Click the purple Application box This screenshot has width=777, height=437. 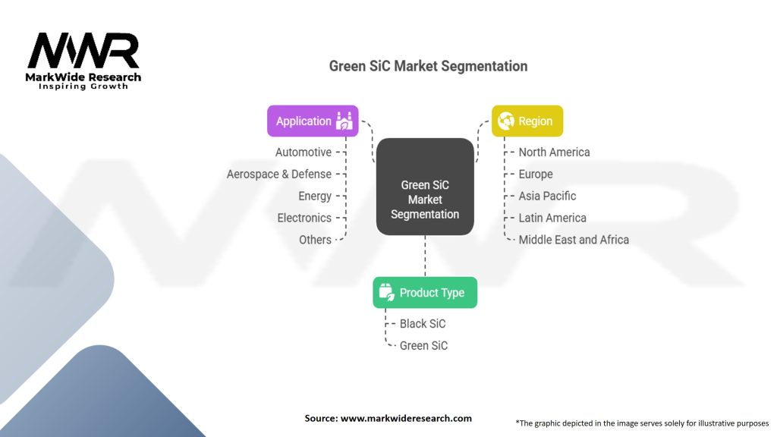[x=313, y=121]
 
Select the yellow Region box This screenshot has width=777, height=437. [x=527, y=121]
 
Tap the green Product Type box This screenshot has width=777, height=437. [x=425, y=292]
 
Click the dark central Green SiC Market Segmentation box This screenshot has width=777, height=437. [x=425, y=187]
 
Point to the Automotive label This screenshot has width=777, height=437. [x=304, y=152]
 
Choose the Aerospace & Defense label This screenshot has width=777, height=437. [x=279, y=174]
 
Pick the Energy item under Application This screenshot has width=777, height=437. [x=315, y=196]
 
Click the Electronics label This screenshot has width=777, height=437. [x=304, y=218]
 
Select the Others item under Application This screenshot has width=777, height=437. [x=315, y=240]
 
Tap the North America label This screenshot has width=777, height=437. [x=554, y=152]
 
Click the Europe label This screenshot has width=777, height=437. [x=536, y=174]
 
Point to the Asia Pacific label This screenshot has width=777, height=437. [x=547, y=196]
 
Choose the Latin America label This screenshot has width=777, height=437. [x=552, y=218]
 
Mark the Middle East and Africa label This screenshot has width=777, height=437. [x=574, y=240]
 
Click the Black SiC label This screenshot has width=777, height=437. [x=423, y=323]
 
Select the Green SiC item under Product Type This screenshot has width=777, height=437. [x=423, y=345]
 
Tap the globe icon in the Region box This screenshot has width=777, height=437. [x=506, y=121]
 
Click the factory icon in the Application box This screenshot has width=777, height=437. [x=344, y=121]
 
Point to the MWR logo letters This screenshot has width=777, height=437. [x=83, y=51]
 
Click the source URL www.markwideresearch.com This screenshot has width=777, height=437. [x=406, y=418]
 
